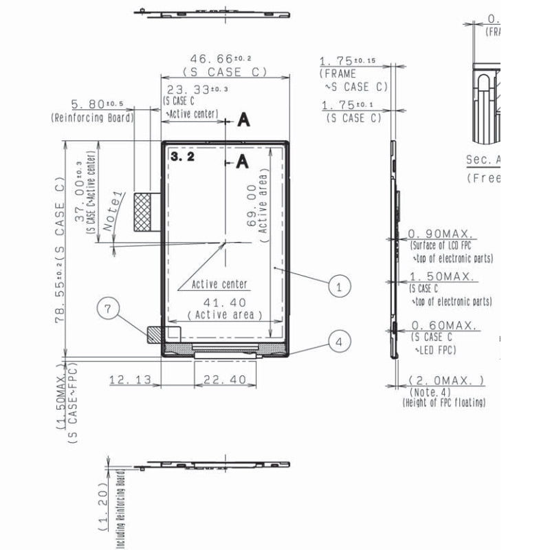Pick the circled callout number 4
[338, 340]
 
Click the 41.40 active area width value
[224, 302]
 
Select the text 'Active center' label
[219, 284]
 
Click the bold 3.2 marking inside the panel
[182, 157]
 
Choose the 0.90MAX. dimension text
[442, 234]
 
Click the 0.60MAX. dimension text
[443, 326]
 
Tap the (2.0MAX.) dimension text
[446, 380]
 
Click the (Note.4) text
[428, 392]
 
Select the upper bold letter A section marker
[243, 121]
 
